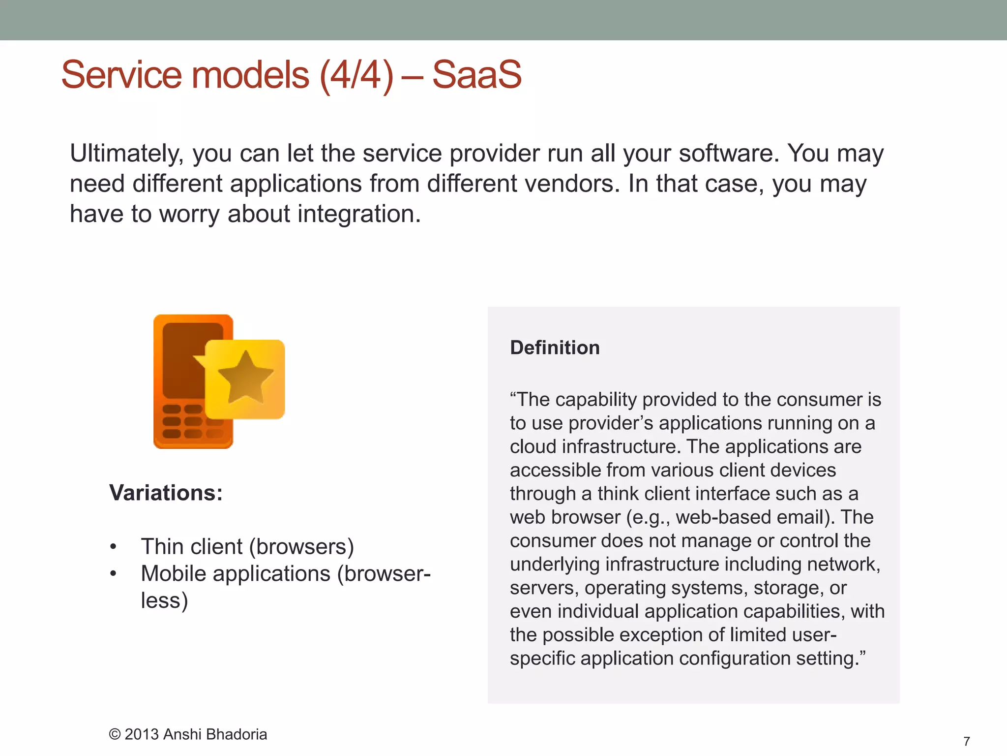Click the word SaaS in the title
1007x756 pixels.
tap(476, 75)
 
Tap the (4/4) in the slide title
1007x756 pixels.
tap(356, 75)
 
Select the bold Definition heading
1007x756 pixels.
tap(555, 347)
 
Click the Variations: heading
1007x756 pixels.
tap(166, 493)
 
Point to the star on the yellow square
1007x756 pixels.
tap(245, 377)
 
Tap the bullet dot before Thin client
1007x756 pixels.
tap(114, 547)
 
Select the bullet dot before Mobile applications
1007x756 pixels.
tap(114, 574)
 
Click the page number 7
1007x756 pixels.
tap(966, 741)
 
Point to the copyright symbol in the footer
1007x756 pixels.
tap(115, 734)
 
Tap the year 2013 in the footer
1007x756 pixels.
tap(142, 734)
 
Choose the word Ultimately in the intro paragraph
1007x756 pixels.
tap(126, 154)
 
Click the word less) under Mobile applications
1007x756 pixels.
tap(164, 600)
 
